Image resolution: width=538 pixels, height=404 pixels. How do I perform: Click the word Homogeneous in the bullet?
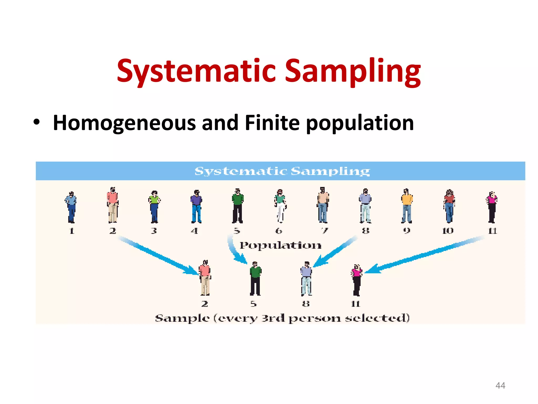pos(124,123)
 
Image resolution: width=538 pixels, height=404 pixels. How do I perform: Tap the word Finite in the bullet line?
pos(272,123)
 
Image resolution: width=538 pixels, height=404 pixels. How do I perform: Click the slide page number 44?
pos(500,385)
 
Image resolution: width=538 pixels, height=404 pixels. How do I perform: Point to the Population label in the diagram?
pos(280,245)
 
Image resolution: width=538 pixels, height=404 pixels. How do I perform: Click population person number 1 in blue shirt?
pos(71,207)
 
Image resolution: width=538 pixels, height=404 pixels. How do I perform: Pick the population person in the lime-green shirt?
pos(154,207)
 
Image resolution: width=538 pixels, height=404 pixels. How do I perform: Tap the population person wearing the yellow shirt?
pos(407,206)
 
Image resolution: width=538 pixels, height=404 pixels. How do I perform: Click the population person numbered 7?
pos(323,205)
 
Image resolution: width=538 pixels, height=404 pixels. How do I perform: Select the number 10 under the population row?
pos(448,231)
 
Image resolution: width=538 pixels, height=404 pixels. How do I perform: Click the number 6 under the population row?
pos(278,231)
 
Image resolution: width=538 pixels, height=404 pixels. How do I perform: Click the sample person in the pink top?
pos(356,280)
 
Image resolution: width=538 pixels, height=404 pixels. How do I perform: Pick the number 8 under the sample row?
pos(306,304)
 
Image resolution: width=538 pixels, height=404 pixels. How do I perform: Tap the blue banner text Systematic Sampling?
pos(282,171)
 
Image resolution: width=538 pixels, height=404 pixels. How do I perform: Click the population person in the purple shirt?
pos(196,206)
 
